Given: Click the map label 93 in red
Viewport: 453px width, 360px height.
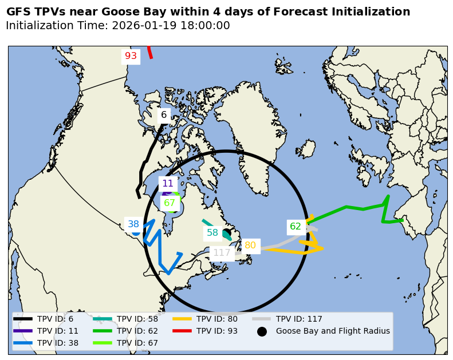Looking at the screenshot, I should (x=131, y=56).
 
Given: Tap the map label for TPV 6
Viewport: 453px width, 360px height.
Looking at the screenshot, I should (x=164, y=115).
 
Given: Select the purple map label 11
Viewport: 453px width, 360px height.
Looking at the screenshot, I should (x=168, y=184).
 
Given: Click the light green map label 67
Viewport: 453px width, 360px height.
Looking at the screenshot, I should (x=170, y=203).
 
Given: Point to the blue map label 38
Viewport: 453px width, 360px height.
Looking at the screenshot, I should (x=133, y=224).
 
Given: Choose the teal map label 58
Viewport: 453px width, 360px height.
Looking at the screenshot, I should (x=212, y=233).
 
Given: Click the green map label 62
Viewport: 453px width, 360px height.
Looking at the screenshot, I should (x=296, y=227).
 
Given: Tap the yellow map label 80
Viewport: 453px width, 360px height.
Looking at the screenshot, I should (x=250, y=246).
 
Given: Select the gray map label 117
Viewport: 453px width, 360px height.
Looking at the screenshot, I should (x=222, y=252).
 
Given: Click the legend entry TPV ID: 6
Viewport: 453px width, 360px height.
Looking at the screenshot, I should (x=55, y=319).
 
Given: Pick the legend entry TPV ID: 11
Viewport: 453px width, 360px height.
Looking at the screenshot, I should (x=57, y=331).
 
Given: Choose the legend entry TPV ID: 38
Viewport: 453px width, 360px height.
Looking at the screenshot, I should (x=57, y=343).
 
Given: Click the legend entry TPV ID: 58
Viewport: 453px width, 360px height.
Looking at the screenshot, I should (x=137, y=319).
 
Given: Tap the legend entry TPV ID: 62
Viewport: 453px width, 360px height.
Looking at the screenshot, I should (x=137, y=331).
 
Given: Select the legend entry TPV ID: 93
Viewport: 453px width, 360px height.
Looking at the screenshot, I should (x=216, y=331).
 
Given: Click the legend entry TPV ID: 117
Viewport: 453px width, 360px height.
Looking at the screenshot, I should (x=299, y=319).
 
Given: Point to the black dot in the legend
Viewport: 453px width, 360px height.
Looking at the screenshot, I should (x=262, y=331).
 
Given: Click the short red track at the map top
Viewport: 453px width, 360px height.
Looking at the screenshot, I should (x=149, y=52).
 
